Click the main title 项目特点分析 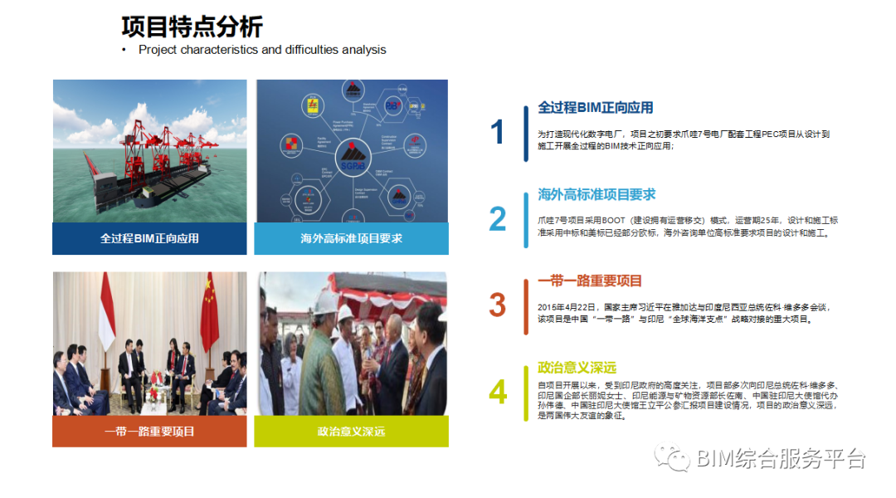coord(192,27)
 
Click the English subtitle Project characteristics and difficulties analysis coord(262,50)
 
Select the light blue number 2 coord(497,219)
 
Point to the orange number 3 coord(497,305)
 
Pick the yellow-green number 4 coord(497,392)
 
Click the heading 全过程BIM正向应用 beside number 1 coord(595,108)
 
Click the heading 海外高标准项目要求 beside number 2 coord(597,194)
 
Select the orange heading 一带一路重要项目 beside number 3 coord(590,281)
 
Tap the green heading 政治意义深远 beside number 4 coord(577,368)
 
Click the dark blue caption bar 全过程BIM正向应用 coord(149,239)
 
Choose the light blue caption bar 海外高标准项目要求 coord(351,239)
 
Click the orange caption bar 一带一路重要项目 coord(149,432)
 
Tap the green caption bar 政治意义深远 coord(351,432)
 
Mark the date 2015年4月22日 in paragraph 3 coord(566,307)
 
